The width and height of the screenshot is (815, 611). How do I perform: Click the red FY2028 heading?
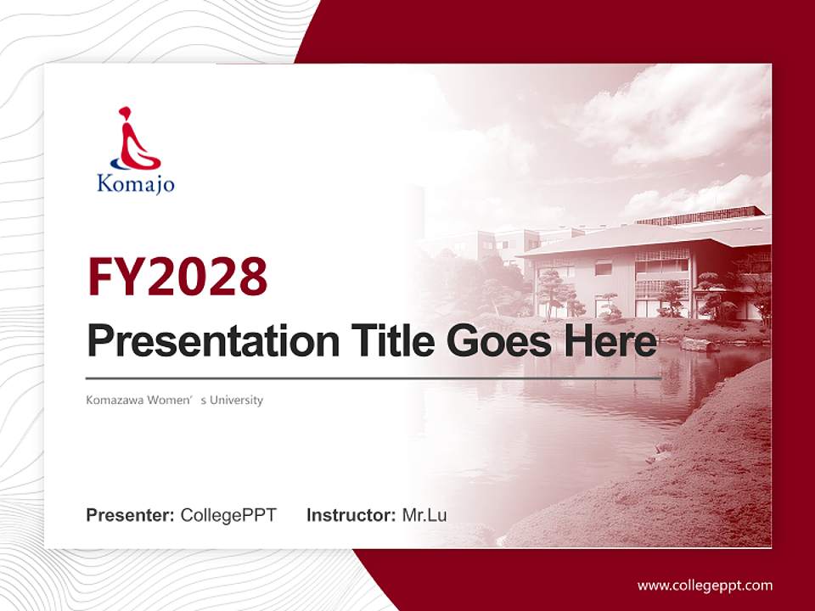(177, 277)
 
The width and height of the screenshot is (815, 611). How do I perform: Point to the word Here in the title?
(610, 341)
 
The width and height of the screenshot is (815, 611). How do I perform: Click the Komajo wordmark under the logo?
(136, 182)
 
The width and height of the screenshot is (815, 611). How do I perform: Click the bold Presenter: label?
(131, 515)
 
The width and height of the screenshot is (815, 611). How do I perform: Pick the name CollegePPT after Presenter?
(228, 515)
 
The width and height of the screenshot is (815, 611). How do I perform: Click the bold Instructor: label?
(351, 515)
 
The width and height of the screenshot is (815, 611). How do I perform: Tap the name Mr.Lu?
(424, 515)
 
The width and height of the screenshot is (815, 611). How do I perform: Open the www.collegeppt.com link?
(705, 586)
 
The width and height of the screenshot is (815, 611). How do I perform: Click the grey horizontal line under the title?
(374, 378)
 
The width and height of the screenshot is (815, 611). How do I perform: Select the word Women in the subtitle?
(172, 400)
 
